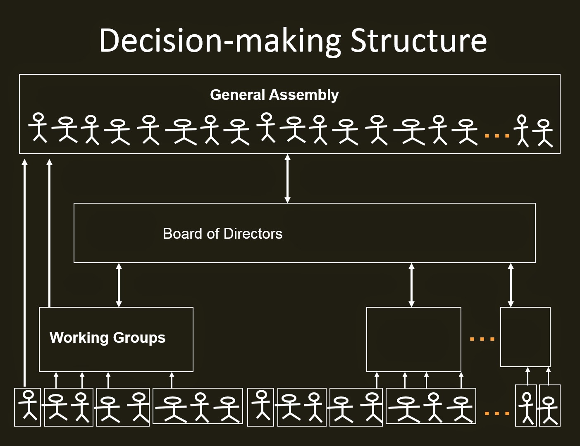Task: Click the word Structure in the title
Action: coord(418,40)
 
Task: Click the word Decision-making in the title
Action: coord(220,40)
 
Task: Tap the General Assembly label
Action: coord(274,95)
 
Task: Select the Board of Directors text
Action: coord(222,234)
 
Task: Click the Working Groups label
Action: coord(107,338)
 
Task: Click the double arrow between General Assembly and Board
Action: coord(288,178)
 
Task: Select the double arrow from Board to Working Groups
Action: coord(119,285)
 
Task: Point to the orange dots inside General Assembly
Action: coord(496,135)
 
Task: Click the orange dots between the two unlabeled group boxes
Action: coord(482,339)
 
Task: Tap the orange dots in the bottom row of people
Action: coord(496,413)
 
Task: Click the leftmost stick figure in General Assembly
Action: coord(38,128)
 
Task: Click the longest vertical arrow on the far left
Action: coord(25,273)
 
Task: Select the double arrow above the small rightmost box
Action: coord(511,285)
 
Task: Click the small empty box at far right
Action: coord(525,337)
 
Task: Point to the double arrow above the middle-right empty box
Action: coord(411,285)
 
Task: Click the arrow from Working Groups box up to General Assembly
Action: coord(50,233)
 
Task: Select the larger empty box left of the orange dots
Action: coord(413,339)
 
